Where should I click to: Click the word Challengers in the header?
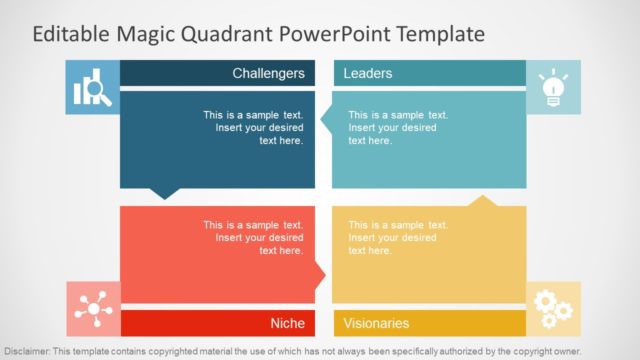(268, 73)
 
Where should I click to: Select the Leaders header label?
(368, 73)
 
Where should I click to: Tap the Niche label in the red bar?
(287, 323)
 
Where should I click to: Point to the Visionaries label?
(377, 323)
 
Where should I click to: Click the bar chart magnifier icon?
(92, 88)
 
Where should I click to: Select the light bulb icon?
(552, 87)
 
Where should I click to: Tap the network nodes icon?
(93, 308)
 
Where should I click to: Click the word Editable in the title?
(71, 34)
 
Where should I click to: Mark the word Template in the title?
(441, 34)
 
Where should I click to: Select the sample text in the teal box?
(398, 127)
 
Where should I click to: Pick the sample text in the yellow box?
(398, 237)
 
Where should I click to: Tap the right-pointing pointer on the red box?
(321, 272)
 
